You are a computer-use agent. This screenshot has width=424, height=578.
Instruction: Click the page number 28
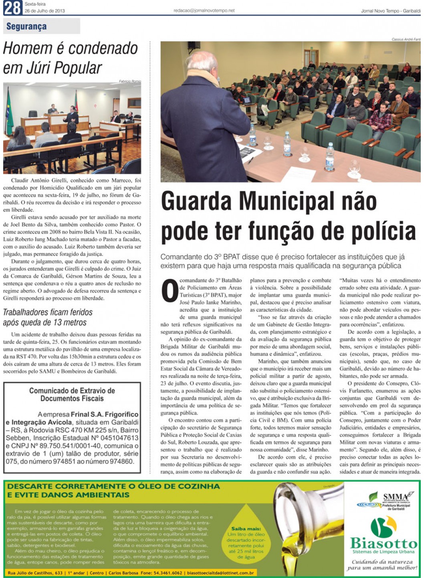(x=12, y=8)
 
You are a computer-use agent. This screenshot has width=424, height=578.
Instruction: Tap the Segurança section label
(x=26, y=26)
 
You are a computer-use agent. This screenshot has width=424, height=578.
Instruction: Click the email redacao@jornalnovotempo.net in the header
(x=204, y=11)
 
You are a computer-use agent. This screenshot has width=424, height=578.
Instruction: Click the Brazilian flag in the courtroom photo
(x=8, y=116)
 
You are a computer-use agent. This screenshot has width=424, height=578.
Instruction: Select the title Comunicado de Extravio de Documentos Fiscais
(x=72, y=395)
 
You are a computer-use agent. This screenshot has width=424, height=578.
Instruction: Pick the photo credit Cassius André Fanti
(x=406, y=39)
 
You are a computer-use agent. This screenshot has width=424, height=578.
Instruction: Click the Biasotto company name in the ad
(x=384, y=544)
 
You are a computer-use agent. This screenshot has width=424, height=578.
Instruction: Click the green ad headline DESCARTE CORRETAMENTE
(x=113, y=486)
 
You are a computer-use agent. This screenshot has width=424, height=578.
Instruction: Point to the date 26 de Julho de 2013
(x=44, y=11)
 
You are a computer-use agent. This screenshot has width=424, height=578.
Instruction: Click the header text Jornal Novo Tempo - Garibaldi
(x=390, y=11)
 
